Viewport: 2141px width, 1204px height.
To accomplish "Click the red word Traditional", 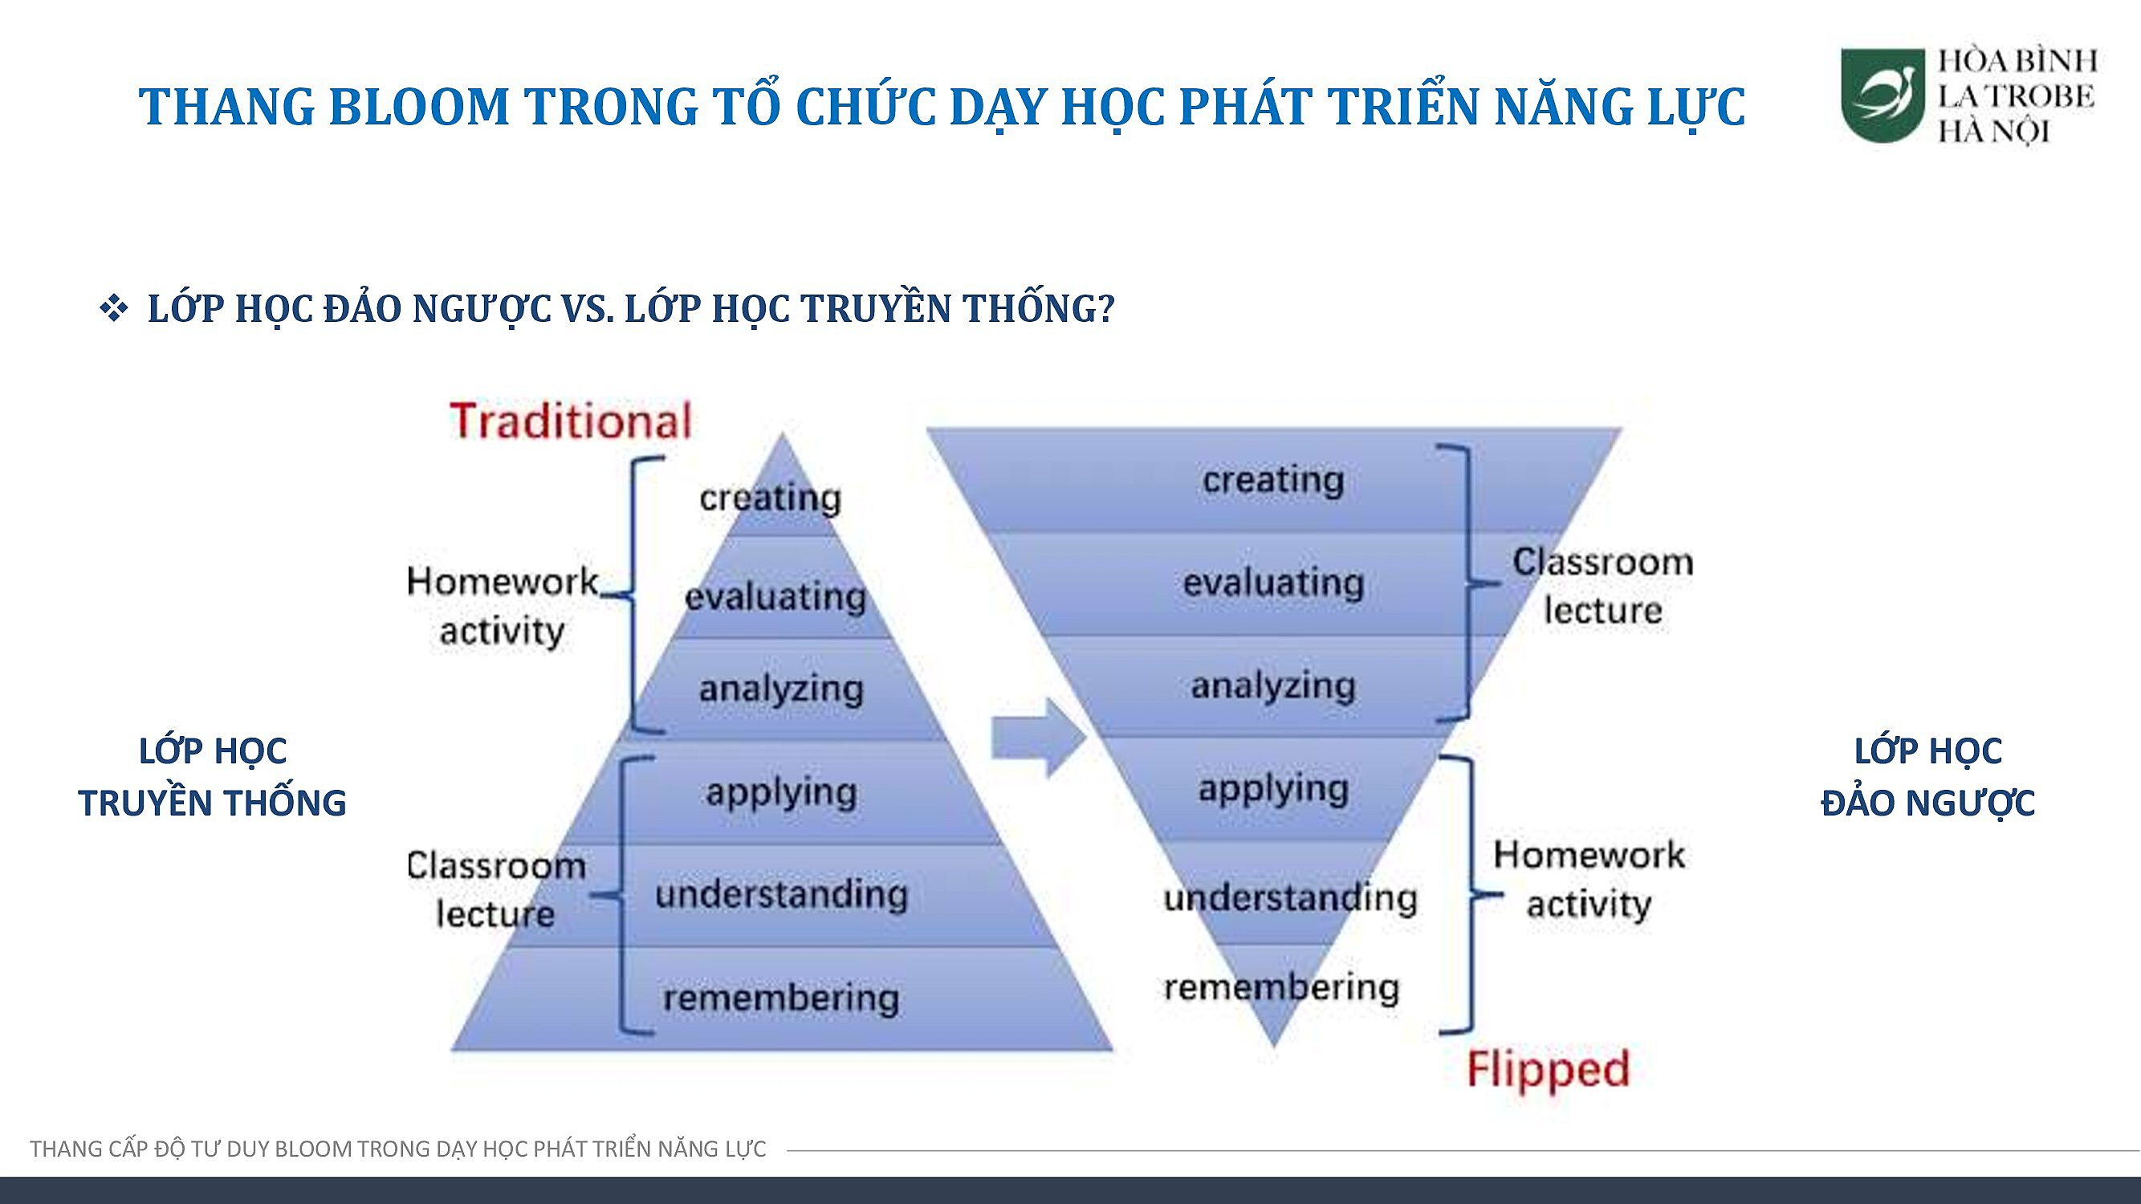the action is coord(571,421).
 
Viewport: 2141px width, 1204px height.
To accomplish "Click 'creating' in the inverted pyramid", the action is coord(1273,480).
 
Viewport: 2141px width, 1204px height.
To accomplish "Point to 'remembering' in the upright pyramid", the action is coord(781,998).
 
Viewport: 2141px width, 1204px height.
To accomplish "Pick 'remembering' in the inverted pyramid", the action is coord(1281,987).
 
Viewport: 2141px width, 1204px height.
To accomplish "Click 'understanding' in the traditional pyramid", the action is coord(781,895).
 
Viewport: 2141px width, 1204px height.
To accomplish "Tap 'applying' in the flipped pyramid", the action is coord(1273,789).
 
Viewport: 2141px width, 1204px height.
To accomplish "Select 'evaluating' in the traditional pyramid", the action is coord(775,596).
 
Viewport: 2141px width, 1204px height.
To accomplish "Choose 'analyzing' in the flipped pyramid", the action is coord(1273,686).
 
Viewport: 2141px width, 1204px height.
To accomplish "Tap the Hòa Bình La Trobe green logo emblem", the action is coord(1883,96).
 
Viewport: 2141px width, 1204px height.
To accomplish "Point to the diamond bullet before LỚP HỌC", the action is coord(114,309).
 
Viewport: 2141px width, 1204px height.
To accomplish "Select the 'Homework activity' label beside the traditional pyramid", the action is coord(502,607).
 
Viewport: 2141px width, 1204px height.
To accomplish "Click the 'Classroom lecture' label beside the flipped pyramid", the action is coord(1602,587).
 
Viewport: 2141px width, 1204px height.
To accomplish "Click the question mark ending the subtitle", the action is coord(1105,309).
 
